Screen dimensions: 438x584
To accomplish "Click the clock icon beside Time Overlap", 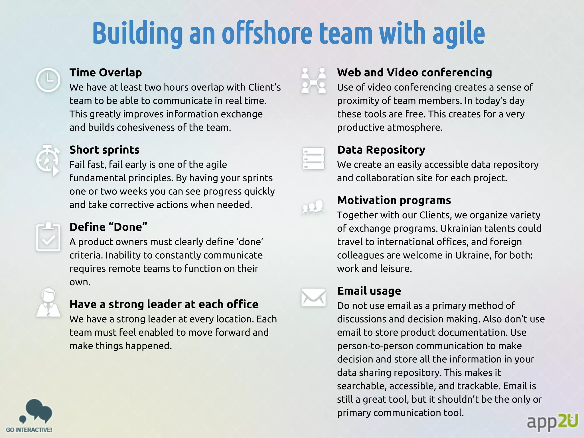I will [48, 80].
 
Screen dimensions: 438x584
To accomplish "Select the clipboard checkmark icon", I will [48, 237].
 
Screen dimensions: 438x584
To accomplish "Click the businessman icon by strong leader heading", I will [48, 303].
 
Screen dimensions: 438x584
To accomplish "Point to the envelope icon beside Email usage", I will [313, 297].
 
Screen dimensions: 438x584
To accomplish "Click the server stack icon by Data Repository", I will [313, 159].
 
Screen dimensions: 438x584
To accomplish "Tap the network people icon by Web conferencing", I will [313, 80].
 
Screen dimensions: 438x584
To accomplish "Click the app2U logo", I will [552, 421].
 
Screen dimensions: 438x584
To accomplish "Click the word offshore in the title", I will [267, 33].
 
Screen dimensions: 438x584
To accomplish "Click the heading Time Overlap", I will [106, 73].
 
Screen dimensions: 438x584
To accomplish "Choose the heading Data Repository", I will [381, 150].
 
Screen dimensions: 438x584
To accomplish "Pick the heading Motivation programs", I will [394, 200].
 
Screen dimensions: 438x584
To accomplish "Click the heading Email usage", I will [369, 291].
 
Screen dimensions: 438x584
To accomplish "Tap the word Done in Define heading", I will [128, 227].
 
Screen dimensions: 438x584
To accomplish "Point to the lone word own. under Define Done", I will [80, 282].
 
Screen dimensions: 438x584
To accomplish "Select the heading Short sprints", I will [104, 150].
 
